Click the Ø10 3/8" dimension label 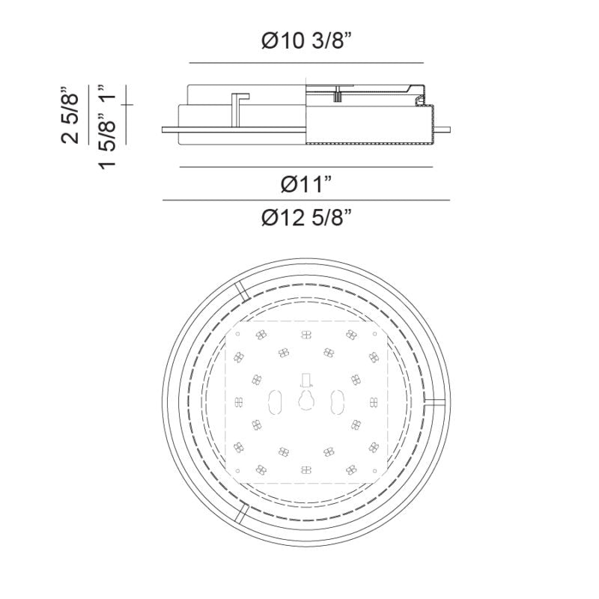(x=306, y=40)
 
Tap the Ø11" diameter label (x=306, y=184)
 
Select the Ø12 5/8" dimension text (x=306, y=218)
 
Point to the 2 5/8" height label (x=70, y=115)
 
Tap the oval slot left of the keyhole (x=275, y=402)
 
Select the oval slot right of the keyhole (x=338, y=402)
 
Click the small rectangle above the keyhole (x=306, y=380)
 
